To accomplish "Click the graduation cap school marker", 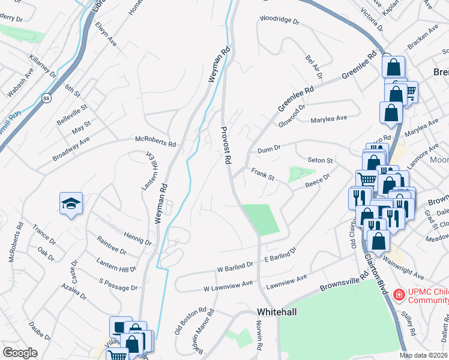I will (71, 203).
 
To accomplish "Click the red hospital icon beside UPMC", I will (398, 295).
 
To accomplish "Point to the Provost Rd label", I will (227, 146).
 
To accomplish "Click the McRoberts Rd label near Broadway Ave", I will (155, 144).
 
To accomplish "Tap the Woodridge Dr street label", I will (279, 20).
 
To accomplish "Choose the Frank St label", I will (262, 174).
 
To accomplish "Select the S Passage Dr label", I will (118, 284).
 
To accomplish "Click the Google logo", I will (20, 352).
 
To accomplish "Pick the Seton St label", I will (320, 161).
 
